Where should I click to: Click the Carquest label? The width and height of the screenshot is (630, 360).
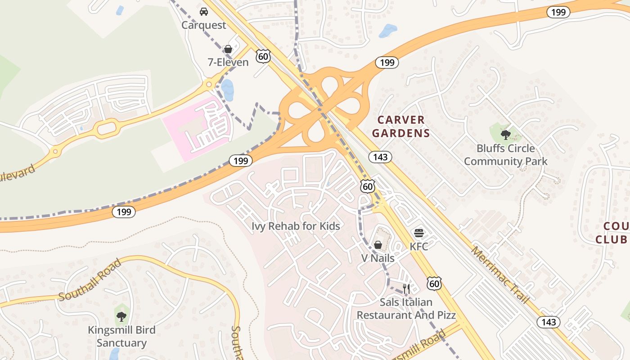point(203,25)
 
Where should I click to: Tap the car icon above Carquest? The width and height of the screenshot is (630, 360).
point(204,12)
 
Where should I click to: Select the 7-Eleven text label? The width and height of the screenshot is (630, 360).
point(228,62)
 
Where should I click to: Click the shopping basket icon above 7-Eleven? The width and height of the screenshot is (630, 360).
point(228,49)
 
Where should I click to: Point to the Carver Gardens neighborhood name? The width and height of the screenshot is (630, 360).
point(401,126)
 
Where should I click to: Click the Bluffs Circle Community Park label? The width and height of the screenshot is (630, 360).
point(505,155)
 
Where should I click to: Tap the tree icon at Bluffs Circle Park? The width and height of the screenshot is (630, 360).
point(506,134)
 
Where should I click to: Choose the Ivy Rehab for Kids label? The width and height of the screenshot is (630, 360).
point(296,226)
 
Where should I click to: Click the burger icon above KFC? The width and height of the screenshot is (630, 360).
point(419,233)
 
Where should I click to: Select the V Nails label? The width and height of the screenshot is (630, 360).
point(378,258)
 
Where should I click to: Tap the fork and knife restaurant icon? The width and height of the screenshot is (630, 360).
point(406,288)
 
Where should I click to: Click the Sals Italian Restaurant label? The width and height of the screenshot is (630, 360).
point(406,309)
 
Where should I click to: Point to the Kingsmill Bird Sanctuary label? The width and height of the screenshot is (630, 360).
point(121,337)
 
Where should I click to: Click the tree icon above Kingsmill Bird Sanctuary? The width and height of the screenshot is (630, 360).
point(121,316)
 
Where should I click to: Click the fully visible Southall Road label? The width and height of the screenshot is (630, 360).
point(90,280)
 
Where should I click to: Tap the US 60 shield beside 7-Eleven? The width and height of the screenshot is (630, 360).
point(263,56)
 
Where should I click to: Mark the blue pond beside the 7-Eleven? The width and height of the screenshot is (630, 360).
point(227,90)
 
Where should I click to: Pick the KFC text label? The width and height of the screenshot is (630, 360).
point(418,247)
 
